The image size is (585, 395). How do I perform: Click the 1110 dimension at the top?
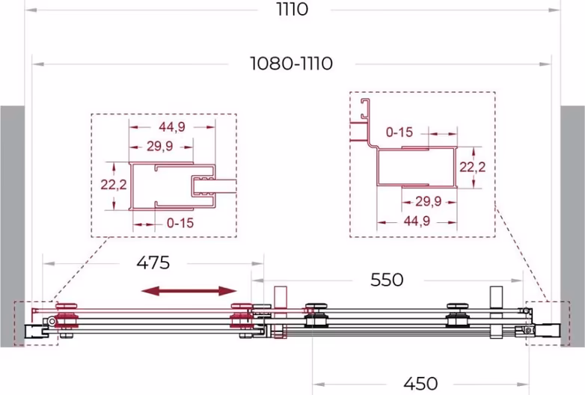292,9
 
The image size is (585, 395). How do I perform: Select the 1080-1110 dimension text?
292,64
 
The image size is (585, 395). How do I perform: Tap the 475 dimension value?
153,263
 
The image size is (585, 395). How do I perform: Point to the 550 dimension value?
387,279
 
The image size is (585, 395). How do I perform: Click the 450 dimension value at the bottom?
420,383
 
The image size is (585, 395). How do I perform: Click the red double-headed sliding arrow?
189,291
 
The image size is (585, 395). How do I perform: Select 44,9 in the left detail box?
172,127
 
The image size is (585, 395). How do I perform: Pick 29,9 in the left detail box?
159,146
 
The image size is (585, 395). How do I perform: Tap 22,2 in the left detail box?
114,184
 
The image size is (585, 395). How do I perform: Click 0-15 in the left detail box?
180,223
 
